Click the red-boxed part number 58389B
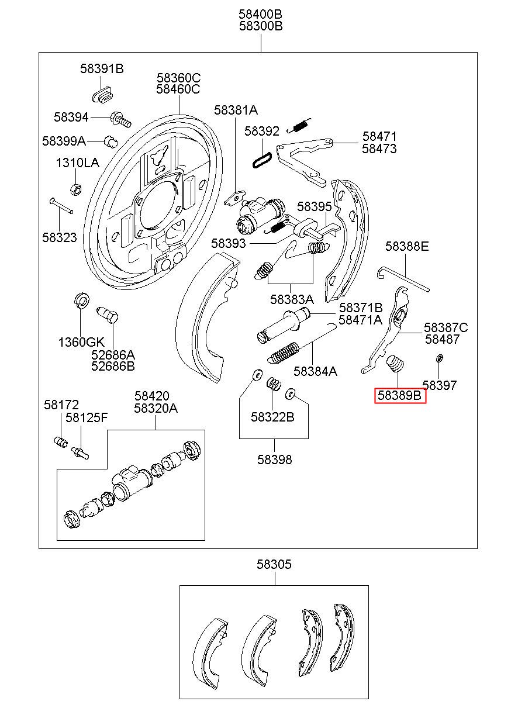[399, 395]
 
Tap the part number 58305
[274, 564]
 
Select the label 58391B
[102, 68]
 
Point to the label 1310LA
[77, 163]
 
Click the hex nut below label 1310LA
[76, 189]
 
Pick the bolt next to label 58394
[120, 119]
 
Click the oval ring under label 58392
[262, 160]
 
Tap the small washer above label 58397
[439, 358]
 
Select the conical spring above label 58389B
[395, 364]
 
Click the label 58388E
[407, 246]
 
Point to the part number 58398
[274, 460]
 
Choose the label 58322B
[272, 417]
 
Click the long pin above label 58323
[61, 205]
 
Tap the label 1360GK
[81, 342]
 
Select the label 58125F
[87, 417]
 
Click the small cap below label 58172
[60, 441]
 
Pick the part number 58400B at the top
[260, 14]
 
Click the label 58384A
[315, 371]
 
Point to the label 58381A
[236, 110]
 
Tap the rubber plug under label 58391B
[103, 94]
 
